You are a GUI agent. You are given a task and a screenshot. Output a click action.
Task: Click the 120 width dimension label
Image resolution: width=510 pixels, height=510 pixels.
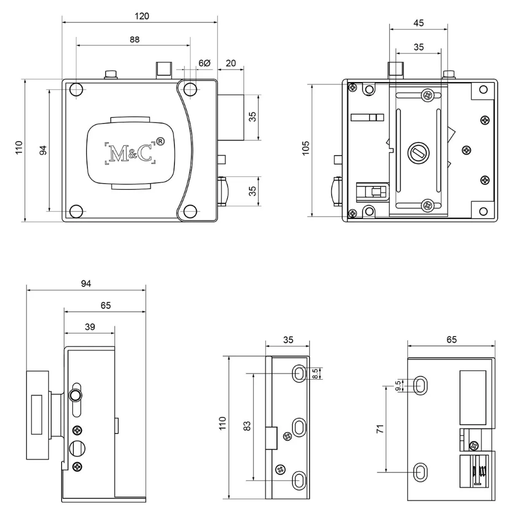[142, 16]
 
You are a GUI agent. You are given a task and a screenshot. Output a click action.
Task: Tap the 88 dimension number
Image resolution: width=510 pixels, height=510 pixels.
[134, 39]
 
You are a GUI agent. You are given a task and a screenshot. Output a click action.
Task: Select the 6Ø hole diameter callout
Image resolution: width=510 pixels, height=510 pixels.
[205, 63]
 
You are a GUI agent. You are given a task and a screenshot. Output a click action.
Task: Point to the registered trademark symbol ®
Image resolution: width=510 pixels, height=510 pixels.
[160, 142]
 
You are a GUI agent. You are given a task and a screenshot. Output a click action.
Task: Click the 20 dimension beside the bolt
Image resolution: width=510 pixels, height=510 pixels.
[231, 63]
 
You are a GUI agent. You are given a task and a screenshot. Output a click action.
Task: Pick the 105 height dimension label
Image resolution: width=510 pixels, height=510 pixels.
[306, 148]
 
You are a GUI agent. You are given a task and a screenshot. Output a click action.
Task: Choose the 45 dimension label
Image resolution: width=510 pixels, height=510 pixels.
[419, 23]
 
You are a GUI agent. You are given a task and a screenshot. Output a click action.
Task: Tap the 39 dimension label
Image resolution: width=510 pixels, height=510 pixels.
[90, 327]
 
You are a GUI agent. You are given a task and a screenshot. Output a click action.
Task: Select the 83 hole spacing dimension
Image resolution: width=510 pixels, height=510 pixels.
[247, 426]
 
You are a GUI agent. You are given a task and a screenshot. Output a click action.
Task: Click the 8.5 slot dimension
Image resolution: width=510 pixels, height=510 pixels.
[315, 373]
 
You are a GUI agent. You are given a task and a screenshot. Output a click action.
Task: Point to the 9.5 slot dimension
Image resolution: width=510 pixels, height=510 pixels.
[398, 386]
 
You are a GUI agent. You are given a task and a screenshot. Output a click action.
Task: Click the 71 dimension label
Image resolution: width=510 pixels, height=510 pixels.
[380, 429]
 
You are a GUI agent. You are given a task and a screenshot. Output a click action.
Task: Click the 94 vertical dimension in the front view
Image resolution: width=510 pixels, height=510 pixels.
[43, 150]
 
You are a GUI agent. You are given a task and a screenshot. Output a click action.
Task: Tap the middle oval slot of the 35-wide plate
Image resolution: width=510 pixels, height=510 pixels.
[300, 427]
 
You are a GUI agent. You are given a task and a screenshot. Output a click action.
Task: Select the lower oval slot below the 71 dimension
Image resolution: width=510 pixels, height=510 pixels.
[420, 472]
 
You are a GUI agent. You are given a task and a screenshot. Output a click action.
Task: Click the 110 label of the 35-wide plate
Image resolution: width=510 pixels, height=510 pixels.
[223, 424]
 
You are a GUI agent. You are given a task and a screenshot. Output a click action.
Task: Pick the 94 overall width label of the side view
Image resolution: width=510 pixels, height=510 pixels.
[86, 284]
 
